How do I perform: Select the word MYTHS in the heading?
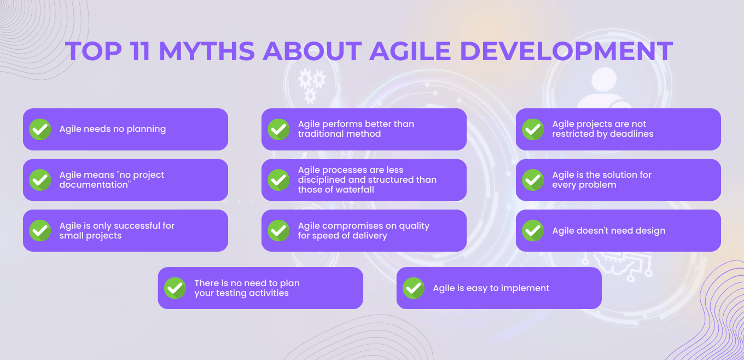tap(206, 51)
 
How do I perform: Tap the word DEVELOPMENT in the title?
tap(566, 51)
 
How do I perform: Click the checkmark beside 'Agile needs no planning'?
tap(40, 130)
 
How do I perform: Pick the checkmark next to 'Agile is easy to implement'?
tap(414, 288)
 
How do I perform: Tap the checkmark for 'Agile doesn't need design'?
tap(533, 231)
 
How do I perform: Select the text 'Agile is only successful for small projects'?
tap(117, 231)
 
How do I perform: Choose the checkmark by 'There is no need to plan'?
tap(175, 288)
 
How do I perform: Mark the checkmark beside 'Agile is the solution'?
tap(533, 180)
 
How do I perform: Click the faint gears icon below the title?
tap(311, 85)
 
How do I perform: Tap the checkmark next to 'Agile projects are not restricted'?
tap(533, 130)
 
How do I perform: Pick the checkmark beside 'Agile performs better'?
tap(278, 130)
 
